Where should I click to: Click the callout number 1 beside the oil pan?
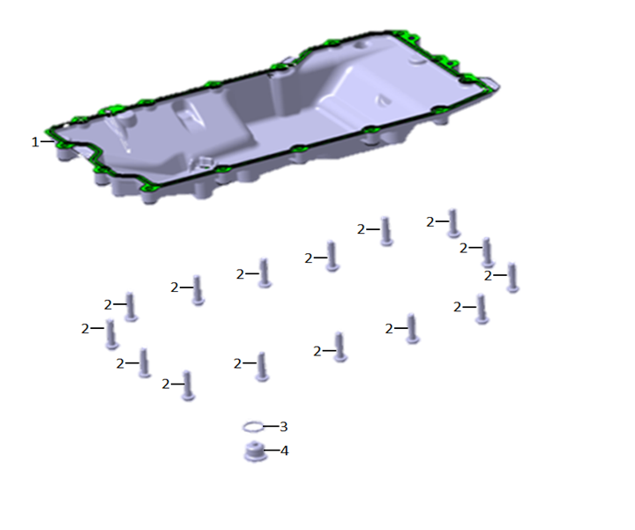click(35, 142)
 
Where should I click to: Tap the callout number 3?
click(283, 426)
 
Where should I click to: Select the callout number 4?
click(284, 451)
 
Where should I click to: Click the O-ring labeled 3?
click(253, 427)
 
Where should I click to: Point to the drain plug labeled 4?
click(255, 452)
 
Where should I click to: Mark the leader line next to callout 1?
click(48, 141)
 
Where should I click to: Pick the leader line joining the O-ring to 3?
click(271, 426)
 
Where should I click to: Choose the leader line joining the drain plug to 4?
click(272, 450)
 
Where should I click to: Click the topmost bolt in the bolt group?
click(453, 223)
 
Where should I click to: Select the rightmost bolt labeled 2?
click(512, 278)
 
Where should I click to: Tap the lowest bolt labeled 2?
click(188, 385)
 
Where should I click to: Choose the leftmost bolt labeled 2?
click(111, 334)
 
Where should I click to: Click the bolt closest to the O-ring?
click(262, 367)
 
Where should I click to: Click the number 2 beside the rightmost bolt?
click(488, 276)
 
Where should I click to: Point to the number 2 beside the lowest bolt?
click(166, 384)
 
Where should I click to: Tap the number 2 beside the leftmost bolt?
click(85, 328)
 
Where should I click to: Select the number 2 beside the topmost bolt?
click(430, 222)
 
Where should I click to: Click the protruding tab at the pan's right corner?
click(491, 84)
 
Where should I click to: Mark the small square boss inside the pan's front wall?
click(204, 162)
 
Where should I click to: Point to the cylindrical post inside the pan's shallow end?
click(126, 122)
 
